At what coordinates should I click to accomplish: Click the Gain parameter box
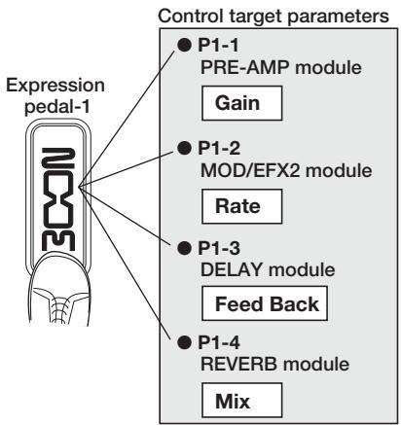(242, 103)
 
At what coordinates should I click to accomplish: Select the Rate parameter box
(242, 206)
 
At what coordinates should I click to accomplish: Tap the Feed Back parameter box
(265, 303)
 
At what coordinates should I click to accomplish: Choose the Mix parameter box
(242, 401)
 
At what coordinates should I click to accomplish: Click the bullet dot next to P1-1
(184, 45)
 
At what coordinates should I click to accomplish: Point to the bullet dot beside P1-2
(184, 148)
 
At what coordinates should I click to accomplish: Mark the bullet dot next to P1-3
(184, 248)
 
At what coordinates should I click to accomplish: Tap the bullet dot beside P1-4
(184, 342)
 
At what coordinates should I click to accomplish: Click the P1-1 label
(218, 45)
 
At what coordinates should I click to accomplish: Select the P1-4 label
(219, 342)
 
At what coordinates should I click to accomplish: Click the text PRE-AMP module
(281, 68)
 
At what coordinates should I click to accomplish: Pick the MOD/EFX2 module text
(286, 170)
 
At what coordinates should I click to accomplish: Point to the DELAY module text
(268, 269)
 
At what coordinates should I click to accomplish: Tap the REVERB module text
(274, 364)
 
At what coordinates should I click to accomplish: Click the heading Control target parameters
(273, 16)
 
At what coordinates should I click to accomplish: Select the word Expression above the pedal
(55, 87)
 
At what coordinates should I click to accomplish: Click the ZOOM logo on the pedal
(58, 199)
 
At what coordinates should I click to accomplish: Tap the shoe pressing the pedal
(60, 289)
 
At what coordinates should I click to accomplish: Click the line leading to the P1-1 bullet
(127, 119)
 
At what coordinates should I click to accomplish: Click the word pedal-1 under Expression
(57, 107)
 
